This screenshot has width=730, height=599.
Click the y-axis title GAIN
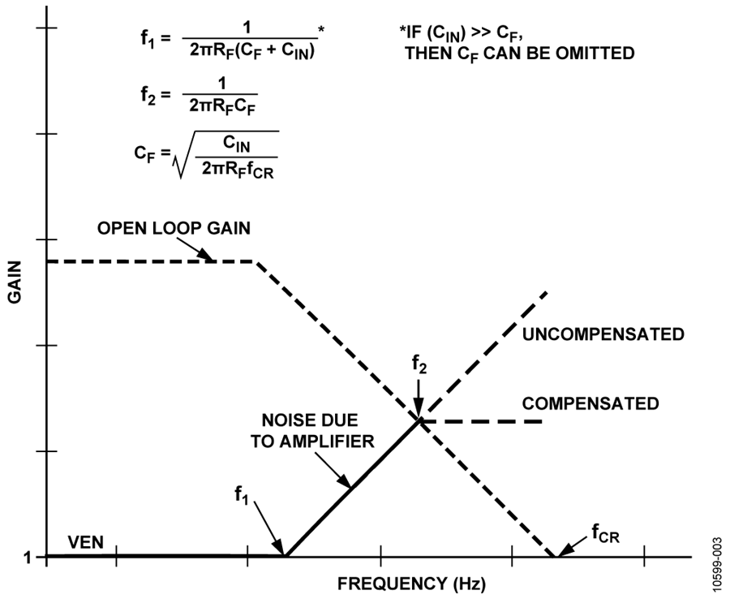coord(15,282)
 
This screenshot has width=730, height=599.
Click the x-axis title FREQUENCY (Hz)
coord(411,584)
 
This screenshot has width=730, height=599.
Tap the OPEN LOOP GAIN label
coord(174,228)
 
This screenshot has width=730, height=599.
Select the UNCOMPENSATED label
coord(603,334)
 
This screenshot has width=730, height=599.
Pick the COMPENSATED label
coord(590,403)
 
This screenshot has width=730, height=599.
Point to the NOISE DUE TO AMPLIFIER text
coord(312,431)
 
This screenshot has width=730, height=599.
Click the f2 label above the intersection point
coord(419,364)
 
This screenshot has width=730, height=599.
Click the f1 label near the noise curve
coord(241,494)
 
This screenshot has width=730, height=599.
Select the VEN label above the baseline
coord(86,542)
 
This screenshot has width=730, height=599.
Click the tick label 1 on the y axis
coord(28,557)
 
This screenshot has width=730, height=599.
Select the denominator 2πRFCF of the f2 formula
coord(223,107)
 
